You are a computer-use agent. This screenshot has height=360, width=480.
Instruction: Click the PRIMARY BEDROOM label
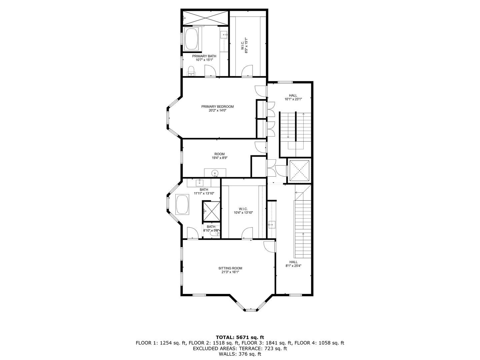(217, 107)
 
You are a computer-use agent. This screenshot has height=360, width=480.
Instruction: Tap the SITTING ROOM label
(230, 268)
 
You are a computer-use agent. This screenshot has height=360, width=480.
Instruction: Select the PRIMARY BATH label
(204, 56)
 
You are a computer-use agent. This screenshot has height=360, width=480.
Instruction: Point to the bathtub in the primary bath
(192, 39)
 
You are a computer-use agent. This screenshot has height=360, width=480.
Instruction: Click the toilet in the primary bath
(191, 71)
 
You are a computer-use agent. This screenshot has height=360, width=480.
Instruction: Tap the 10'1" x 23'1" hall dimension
(293, 99)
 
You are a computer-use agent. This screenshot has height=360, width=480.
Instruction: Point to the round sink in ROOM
(215, 173)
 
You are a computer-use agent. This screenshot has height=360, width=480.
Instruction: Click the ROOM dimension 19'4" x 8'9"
(220, 158)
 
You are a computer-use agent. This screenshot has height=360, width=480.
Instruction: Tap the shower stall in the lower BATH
(211, 211)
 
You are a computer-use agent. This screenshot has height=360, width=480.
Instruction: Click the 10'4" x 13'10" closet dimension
(243, 212)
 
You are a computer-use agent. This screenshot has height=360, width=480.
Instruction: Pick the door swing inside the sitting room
(269, 247)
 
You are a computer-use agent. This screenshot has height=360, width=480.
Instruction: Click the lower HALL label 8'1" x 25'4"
(293, 264)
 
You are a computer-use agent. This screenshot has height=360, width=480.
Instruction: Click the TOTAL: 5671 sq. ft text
(240, 337)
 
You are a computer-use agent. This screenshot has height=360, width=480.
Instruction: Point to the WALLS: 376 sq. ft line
(240, 354)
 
